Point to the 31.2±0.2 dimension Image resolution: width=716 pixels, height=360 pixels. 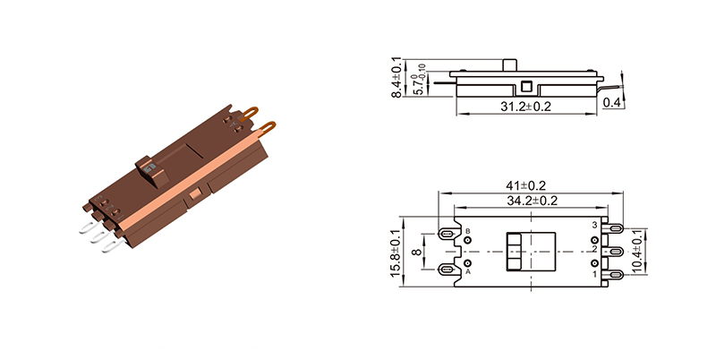527,107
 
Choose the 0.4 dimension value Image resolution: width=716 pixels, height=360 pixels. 612,103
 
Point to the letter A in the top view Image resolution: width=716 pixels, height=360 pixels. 467,272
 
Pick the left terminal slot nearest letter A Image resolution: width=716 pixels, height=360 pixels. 447,268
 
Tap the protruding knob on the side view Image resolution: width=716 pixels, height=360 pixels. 515,66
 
